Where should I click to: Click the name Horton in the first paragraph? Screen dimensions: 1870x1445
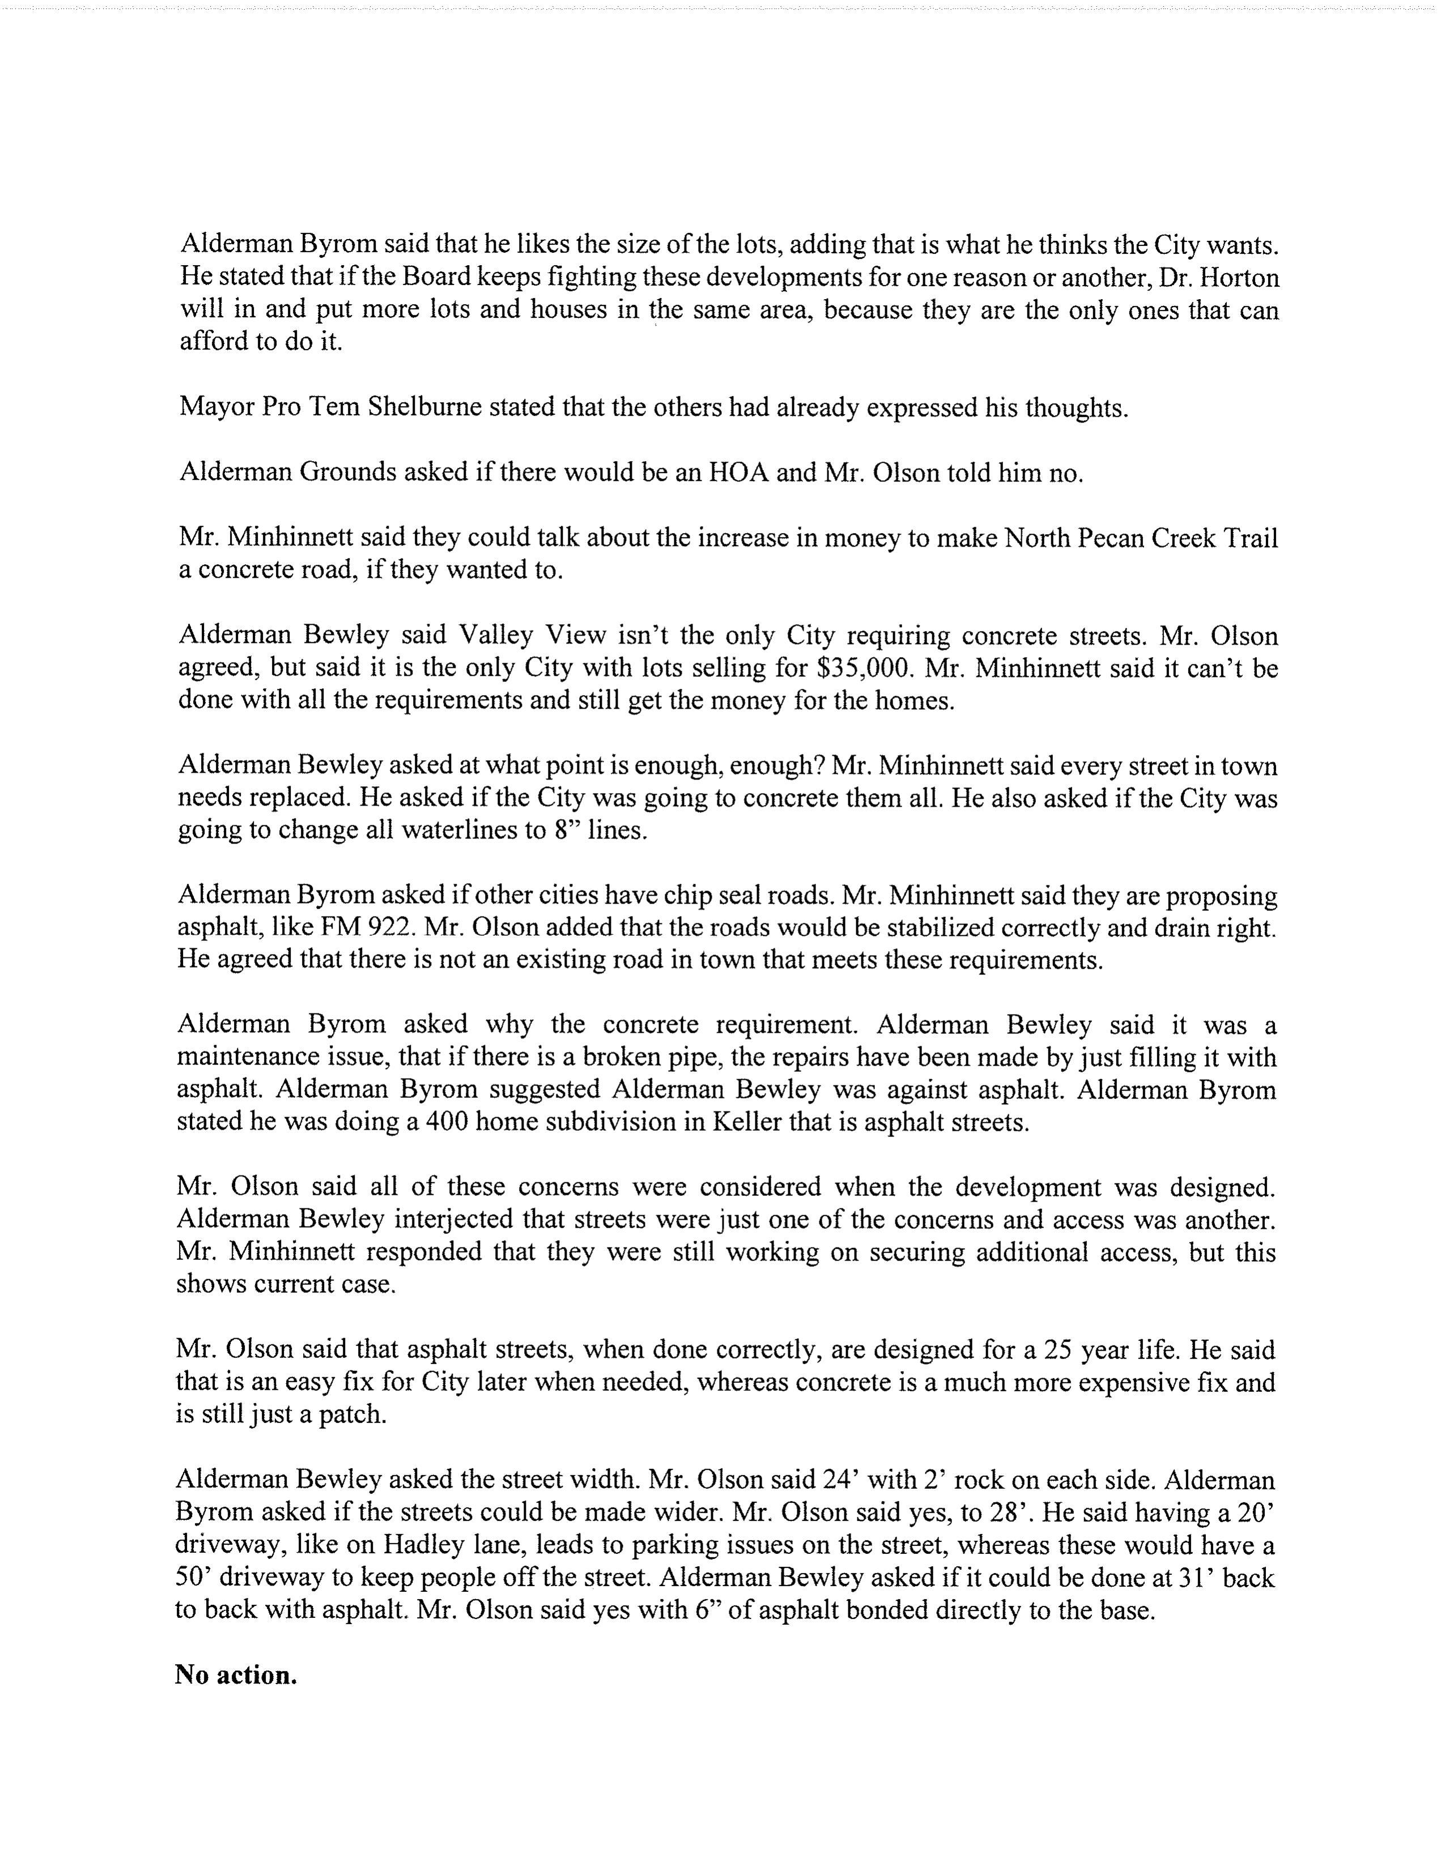click(x=1237, y=278)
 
